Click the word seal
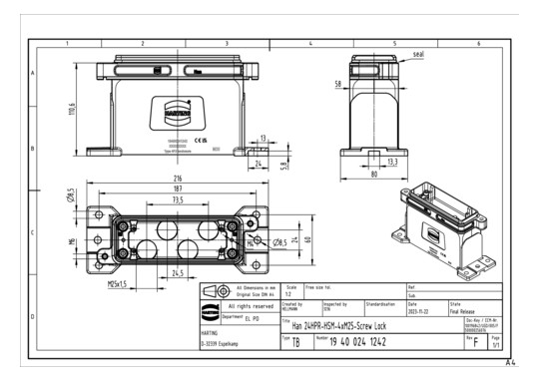click(419, 53)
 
